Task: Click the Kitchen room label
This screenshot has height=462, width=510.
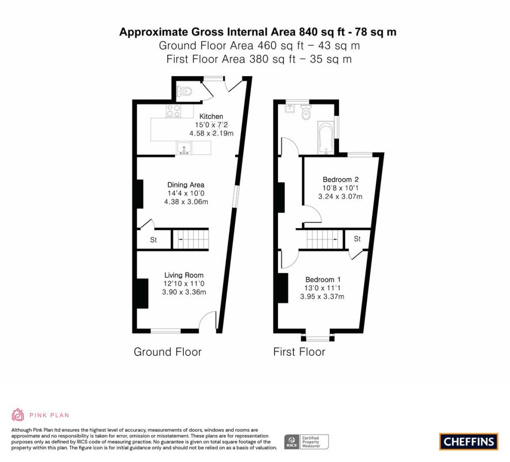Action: coord(211,116)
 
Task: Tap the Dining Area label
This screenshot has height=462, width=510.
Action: coord(186,185)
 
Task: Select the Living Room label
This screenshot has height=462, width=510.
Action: coord(184,275)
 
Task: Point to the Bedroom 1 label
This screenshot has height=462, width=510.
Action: coord(323,280)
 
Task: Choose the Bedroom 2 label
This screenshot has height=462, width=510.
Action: coord(341,179)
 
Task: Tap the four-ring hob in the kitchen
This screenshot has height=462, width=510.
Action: coord(173,111)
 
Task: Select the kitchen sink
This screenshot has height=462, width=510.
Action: coord(184,148)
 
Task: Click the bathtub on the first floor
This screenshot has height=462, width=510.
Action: coord(326,138)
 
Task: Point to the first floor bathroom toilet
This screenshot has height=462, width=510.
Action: coord(306,112)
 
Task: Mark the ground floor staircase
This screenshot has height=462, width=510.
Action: coord(190,239)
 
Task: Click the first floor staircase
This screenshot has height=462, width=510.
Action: coord(325,239)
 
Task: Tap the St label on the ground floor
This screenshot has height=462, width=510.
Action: coord(153,240)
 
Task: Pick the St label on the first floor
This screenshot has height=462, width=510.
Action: coord(357,239)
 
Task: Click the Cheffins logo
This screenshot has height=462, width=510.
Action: coord(468,442)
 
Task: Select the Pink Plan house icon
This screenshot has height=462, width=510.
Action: coord(18,415)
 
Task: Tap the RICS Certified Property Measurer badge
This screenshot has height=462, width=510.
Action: coord(306,442)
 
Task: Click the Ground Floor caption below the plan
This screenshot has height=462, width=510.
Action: coord(167,352)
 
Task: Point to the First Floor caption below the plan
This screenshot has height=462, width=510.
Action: coord(299,352)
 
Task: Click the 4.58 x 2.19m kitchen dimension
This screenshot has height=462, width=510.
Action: coord(211,133)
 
